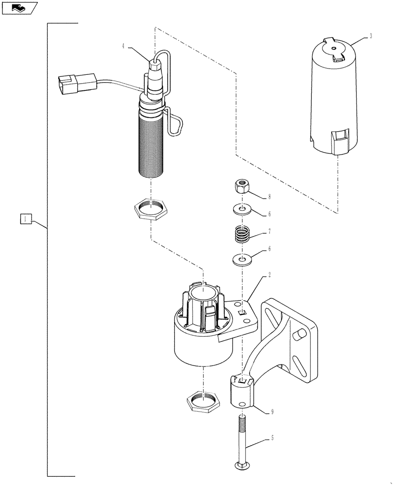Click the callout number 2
click(269, 275)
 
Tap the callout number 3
click(371, 37)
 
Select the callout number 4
click(123, 46)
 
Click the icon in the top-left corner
click(20, 8)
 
